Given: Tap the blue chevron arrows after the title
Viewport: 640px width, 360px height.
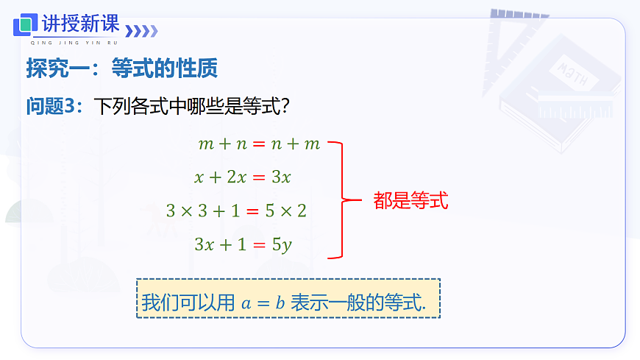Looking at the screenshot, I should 142,31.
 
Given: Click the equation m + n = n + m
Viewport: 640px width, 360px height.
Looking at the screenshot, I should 259,144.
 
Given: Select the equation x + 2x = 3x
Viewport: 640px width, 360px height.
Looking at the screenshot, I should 243,177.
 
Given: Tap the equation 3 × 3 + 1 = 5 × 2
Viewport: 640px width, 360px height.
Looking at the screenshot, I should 236,211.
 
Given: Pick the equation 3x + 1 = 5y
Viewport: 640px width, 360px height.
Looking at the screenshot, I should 243,244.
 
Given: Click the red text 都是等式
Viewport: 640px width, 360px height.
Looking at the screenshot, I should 410,200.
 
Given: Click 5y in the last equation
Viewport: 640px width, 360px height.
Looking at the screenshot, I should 282,244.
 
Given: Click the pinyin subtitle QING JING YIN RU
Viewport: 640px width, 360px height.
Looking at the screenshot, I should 70,43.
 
